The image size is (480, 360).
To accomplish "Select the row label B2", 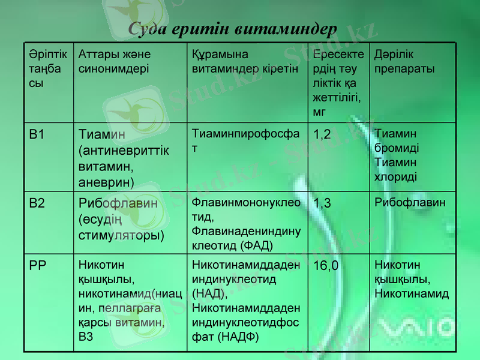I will (x=37, y=203).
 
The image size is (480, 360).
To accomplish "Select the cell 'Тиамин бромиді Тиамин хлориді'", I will (x=397, y=155).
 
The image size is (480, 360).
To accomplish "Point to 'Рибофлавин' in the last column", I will (x=410, y=203).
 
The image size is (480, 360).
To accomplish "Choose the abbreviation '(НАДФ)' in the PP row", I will (x=238, y=337).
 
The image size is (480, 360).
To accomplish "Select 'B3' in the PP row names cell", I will (x=86, y=337).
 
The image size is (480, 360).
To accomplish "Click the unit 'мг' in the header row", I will (x=319, y=111).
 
